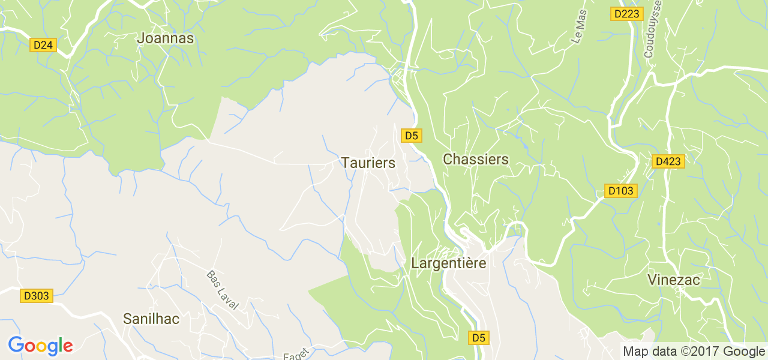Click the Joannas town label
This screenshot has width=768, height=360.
point(165,38)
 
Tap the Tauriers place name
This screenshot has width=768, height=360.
point(368,163)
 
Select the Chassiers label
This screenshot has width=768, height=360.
point(475,160)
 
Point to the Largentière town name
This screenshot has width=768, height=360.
point(448,263)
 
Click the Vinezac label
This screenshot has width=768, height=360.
point(674,280)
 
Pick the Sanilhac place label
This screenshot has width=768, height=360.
point(151,319)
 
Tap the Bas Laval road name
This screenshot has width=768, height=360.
point(222,290)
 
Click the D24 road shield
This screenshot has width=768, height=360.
point(43,45)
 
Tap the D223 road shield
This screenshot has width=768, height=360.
point(626,14)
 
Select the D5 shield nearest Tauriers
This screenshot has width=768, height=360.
point(410,136)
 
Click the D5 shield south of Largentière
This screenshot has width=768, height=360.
point(478,338)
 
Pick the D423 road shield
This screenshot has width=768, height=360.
point(668,161)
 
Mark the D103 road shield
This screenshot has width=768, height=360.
point(620,191)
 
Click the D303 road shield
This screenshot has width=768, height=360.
point(36,296)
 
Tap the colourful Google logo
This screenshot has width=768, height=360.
point(40,346)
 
